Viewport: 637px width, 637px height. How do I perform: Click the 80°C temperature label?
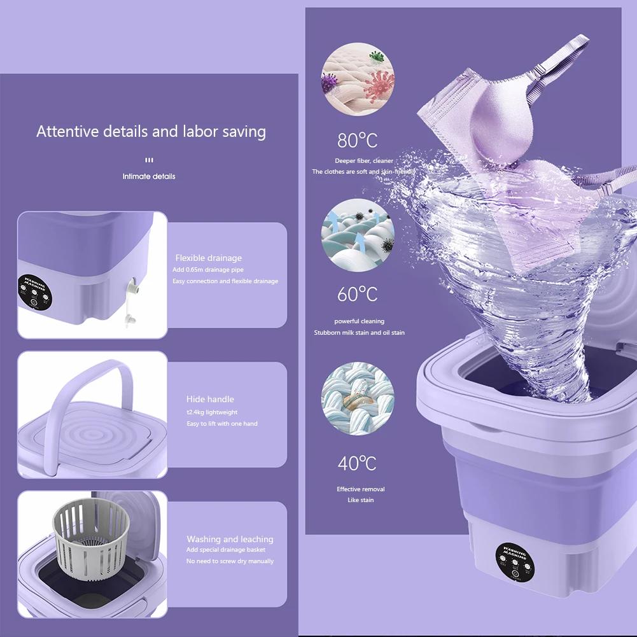click(x=357, y=140)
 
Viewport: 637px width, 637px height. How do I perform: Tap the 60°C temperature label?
click(x=357, y=295)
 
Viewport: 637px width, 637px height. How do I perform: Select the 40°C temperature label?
click(x=357, y=463)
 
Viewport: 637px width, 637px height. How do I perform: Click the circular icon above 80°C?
click(x=357, y=79)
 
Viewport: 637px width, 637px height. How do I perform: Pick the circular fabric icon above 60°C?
click(x=357, y=235)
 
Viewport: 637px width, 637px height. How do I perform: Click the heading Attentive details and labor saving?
click(x=151, y=132)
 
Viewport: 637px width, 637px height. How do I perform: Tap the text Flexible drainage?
click(x=208, y=258)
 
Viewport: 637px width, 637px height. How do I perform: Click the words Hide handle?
click(x=210, y=399)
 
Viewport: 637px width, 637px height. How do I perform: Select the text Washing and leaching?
click(x=230, y=539)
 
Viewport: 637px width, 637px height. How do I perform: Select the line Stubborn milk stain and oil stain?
click(x=359, y=333)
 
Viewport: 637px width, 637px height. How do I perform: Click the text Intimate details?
click(x=149, y=176)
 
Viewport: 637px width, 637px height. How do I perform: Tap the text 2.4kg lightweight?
click(x=212, y=412)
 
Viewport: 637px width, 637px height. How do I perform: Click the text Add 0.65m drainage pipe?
click(x=207, y=270)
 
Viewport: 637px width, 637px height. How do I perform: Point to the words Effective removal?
click(x=360, y=489)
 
